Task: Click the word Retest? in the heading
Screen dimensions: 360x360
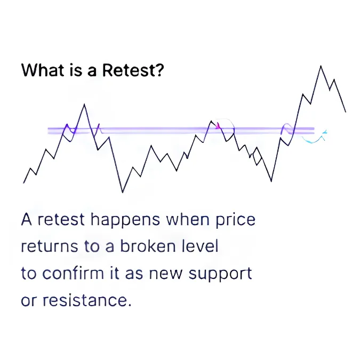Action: (133, 70)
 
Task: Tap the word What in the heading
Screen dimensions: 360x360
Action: (43, 70)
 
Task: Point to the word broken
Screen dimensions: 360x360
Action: (149, 246)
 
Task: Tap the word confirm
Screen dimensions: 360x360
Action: (74, 273)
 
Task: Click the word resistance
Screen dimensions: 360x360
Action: (87, 300)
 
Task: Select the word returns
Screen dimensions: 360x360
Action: (50, 247)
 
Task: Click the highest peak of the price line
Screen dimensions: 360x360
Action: (321, 66)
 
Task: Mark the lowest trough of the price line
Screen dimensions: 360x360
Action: (123, 192)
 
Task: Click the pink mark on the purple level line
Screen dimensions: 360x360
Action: (218, 125)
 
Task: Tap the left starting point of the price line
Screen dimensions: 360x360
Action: (23, 183)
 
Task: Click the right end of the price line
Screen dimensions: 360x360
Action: (346, 112)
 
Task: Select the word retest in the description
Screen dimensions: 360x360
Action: (61, 220)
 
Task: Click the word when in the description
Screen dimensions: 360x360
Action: (188, 219)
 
